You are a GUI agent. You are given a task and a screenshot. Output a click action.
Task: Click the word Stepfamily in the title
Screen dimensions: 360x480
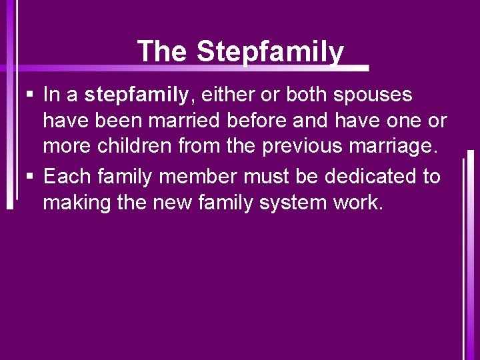point(270,51)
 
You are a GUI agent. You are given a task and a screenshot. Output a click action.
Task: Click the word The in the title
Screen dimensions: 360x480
point(162,51)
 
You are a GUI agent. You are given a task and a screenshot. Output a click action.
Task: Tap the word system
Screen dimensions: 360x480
point(290,203)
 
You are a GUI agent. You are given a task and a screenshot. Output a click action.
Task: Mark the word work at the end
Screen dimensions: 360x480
point(359,203)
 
